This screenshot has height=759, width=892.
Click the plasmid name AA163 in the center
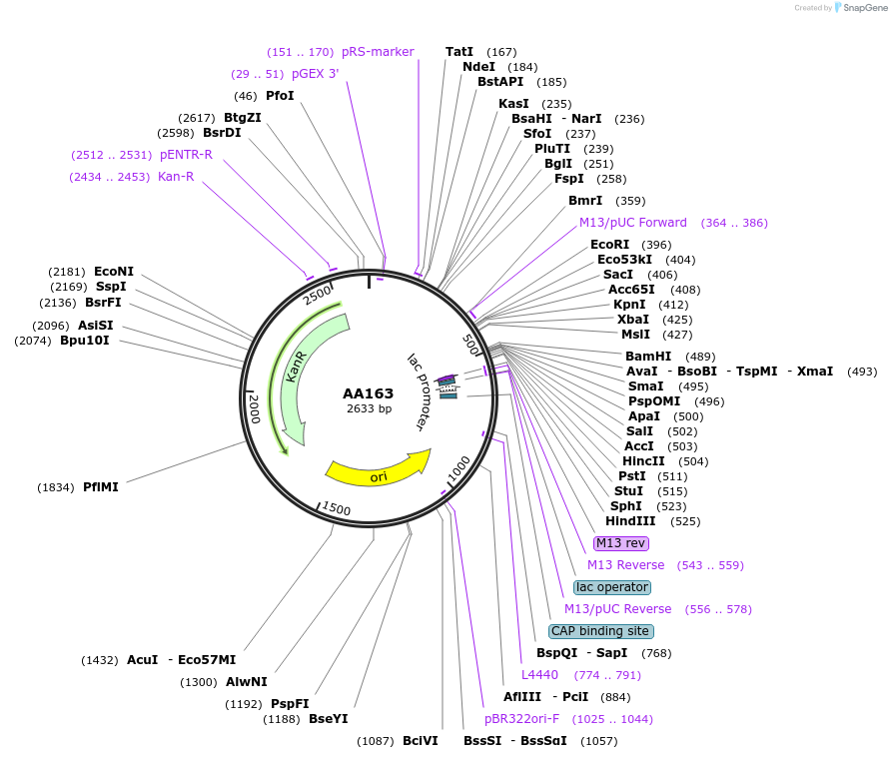click(x=368, y=393)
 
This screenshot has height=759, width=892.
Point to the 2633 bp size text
click(x=369, y=408)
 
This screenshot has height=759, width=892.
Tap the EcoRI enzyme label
click(x=610, y=245)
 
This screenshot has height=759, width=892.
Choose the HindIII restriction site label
click(x=630, y=521)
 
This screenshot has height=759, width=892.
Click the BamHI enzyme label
click(x=648, y=357)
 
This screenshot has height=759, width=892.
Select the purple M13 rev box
click(x=621, y=543)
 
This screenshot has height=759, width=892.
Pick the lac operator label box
click(x=612, y=587)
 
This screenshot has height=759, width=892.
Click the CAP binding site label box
click(x=601, y=631)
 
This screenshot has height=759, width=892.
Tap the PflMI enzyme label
click(x=101, y=487)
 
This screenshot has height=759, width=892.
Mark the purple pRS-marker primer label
click(x=378, y=52)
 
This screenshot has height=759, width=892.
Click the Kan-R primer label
click(x=176, y=177)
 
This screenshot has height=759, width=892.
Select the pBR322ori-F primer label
click(x=522, y=719)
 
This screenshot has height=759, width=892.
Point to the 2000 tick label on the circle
click(x=254, y=408)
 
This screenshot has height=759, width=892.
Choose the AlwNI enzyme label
click(x=247, y=682)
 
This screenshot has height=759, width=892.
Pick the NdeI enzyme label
click(x=479, y=67)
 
